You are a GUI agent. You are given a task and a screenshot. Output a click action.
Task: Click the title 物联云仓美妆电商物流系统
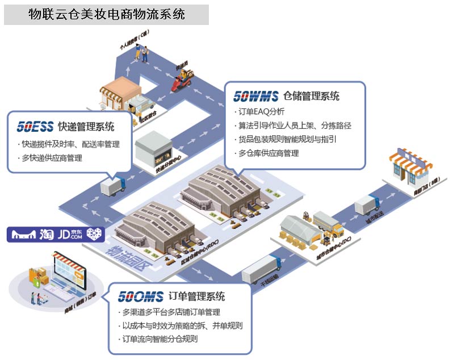(x=107, y=14)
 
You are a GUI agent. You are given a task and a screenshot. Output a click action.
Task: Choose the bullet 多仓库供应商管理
(x=269, y=153)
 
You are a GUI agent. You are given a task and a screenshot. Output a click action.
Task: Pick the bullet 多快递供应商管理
(x=52, y=158)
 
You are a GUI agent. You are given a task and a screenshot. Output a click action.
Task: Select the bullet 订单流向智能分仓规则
(x=160, y=339)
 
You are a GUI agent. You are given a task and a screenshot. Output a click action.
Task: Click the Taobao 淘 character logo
(x=47, y=233)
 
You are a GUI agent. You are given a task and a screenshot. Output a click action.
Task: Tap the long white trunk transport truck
(x=261, y=269)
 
